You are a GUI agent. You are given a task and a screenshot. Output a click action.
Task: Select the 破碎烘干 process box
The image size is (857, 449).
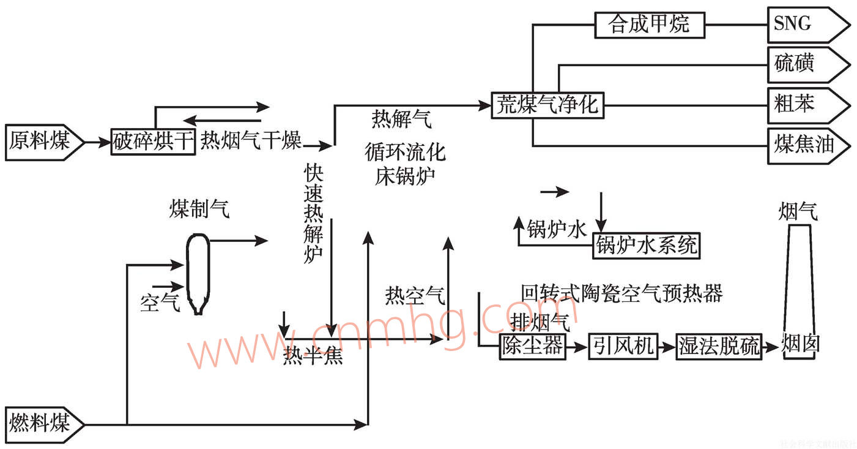coord(154,142)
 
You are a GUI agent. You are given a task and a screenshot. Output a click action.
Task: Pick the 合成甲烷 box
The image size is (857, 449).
coord(649,25)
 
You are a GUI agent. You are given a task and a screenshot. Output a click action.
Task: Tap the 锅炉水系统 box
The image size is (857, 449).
coord(647,246)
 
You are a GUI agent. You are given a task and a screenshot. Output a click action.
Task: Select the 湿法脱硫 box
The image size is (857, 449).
coord(719,346)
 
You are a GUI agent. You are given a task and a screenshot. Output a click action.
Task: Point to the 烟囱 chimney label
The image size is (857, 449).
coord(801,344)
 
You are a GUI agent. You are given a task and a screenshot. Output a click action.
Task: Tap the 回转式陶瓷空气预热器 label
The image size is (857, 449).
coord(621,293)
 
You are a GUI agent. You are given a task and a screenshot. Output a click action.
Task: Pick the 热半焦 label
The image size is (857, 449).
coord(313,356)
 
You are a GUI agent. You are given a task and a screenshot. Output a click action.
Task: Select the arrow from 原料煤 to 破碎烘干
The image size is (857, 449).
coord(97,143)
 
